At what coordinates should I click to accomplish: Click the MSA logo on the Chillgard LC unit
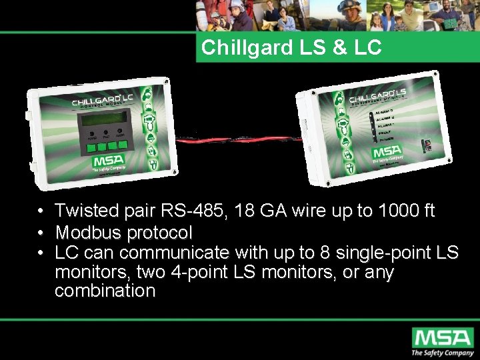105,162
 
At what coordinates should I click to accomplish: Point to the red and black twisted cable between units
240,141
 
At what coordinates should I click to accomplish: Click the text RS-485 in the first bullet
193,211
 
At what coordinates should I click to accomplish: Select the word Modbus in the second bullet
85,233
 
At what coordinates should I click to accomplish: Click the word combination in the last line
105,291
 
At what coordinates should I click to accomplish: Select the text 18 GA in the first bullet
272,211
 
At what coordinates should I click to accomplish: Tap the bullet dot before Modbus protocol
41,233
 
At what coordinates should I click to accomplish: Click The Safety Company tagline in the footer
441,352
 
